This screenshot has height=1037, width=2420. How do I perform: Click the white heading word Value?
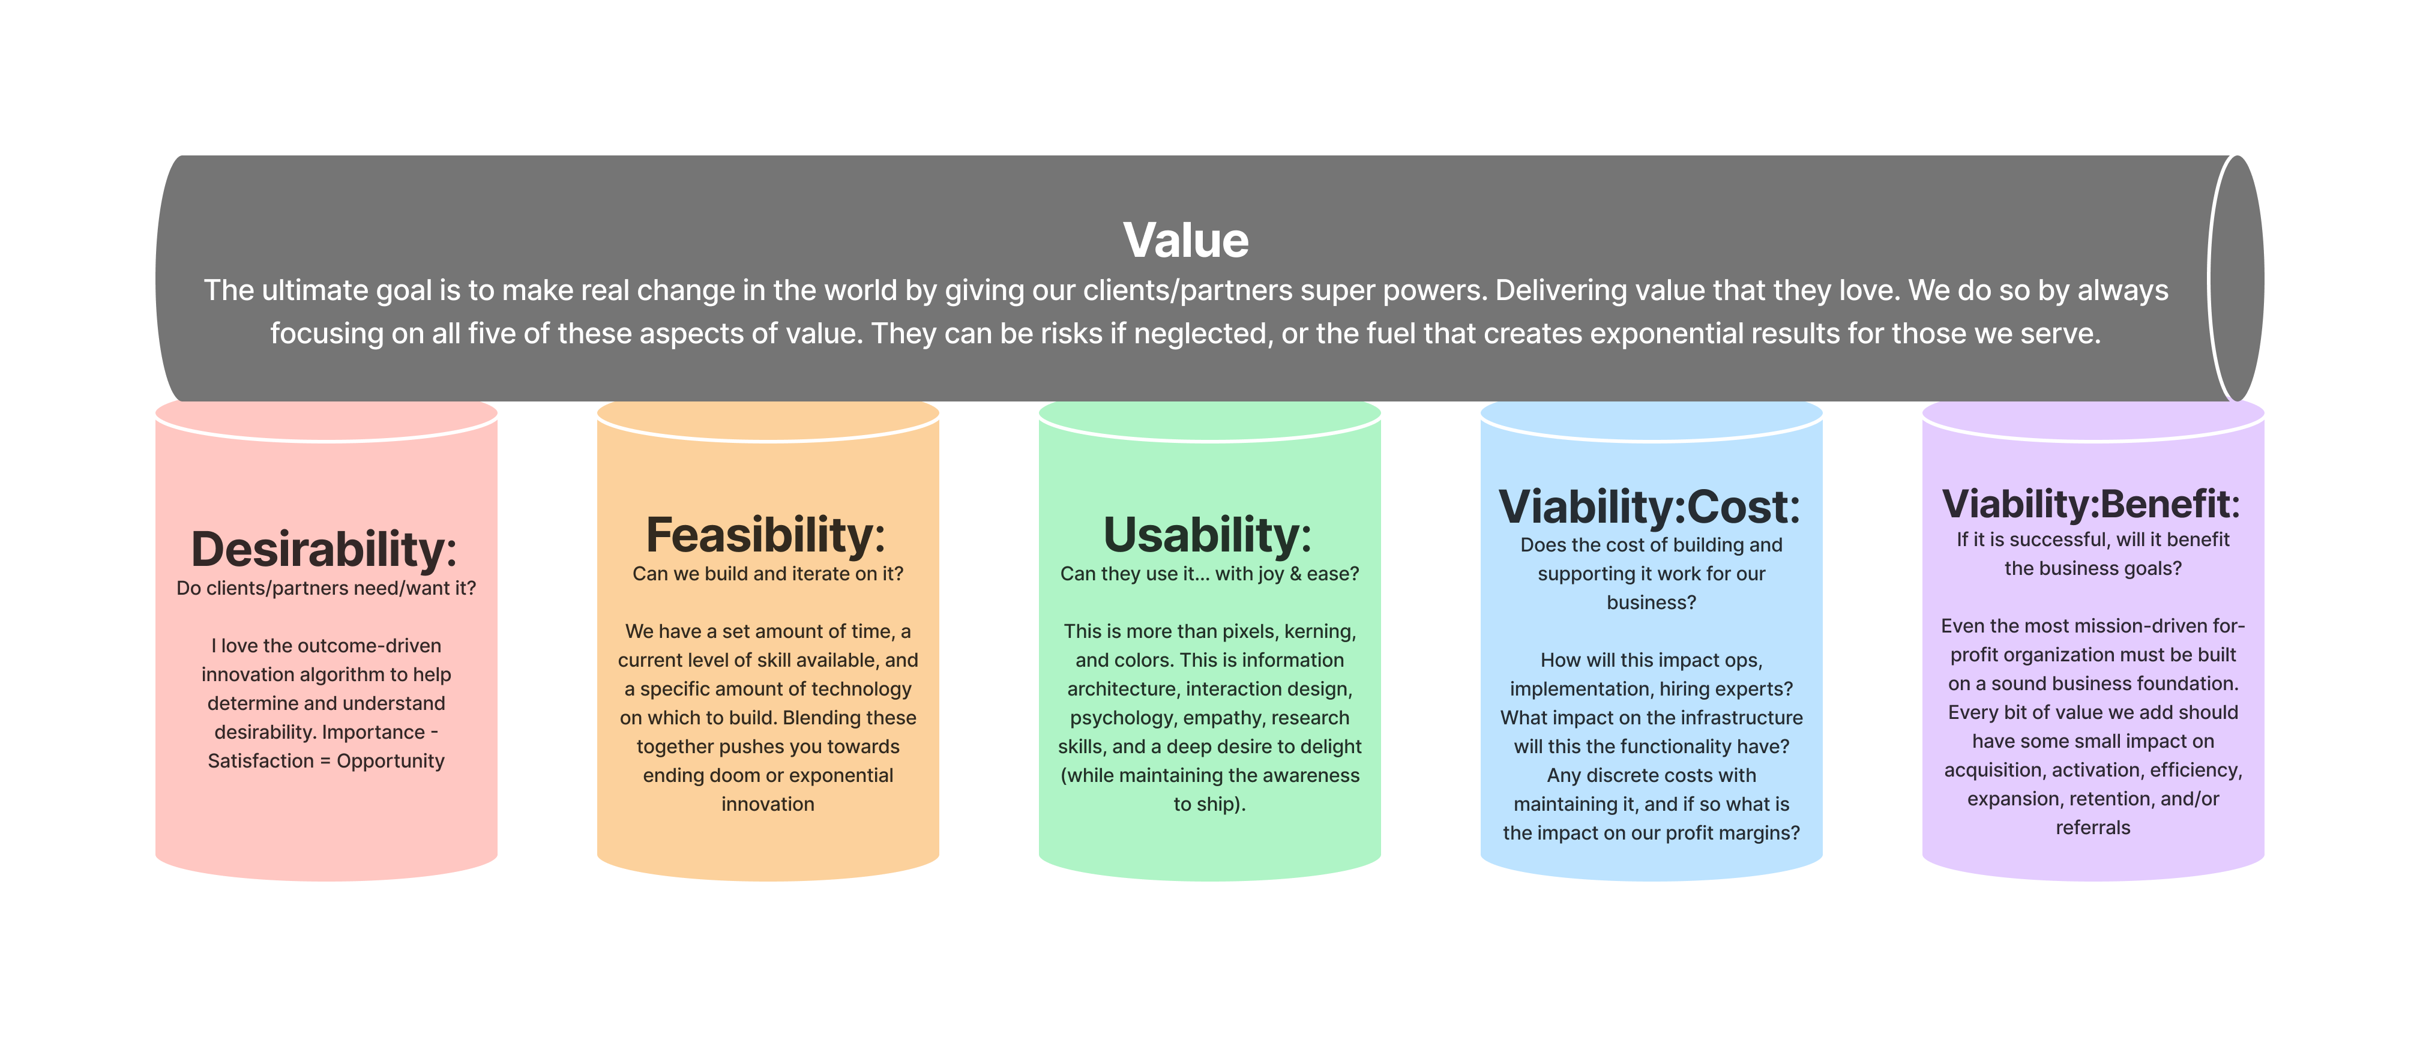[x=1185, y=241]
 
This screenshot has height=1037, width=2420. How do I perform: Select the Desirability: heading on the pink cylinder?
[x=324, y=550]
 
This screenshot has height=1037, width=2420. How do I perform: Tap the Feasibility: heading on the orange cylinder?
[x=766, y=535]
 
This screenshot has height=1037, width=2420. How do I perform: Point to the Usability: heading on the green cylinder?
[x=1207, y=535]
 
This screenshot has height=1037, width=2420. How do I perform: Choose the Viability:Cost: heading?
[x=1650, y=507]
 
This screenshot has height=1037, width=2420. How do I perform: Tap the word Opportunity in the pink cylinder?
[x=391, y=762]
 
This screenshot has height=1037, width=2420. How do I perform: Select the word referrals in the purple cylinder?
[x=2093, y=828]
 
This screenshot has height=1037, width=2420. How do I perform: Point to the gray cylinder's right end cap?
[x=2236, y=279]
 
